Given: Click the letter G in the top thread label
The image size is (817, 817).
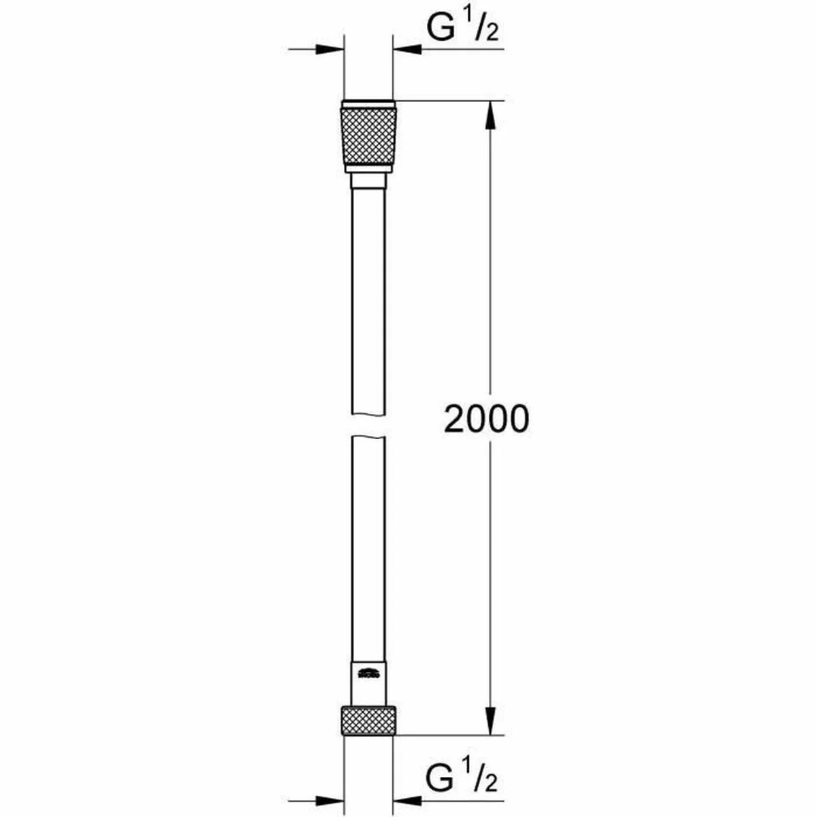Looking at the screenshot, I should [440, 29].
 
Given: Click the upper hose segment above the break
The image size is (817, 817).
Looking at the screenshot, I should [368, 300].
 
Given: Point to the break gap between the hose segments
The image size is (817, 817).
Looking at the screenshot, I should [368, 426].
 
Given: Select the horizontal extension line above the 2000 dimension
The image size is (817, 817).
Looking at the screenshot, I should [449, 101].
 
